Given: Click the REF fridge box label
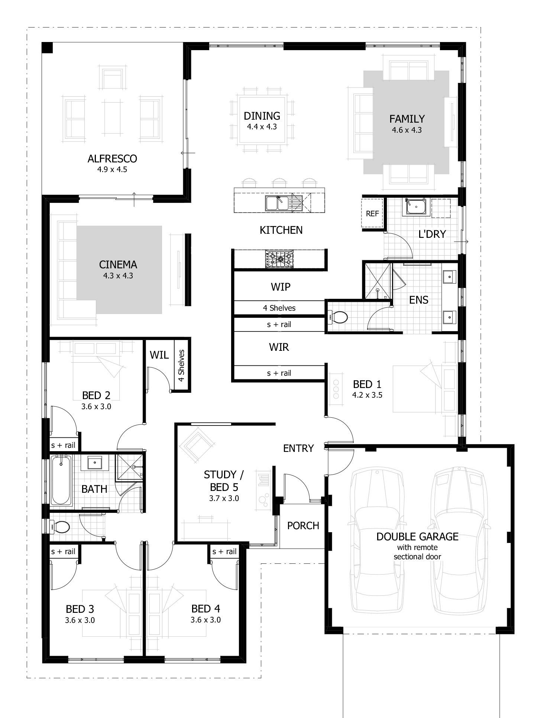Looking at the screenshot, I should coord(372,214).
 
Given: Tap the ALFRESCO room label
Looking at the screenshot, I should coord(112,159).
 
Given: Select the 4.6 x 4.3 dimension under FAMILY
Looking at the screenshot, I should coord(407,130).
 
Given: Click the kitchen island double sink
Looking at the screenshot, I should coord(277,203).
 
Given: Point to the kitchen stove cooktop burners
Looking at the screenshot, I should coord(279,259).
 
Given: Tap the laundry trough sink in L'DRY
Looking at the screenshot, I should coord(416,207).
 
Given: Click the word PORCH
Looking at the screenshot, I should coord(303,525).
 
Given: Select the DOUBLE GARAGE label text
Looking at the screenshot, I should coord(417,536).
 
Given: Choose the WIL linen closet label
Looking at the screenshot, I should coord(159,355).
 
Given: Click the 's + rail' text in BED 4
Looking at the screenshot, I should coord(224,552).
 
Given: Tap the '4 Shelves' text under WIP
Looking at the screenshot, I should coord(279,308).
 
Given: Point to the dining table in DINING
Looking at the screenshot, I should coord(262,120).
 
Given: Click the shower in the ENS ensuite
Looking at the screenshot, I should coord(377,281).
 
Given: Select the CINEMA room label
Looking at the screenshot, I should coord(118,265).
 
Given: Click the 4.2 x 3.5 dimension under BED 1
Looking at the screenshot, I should coord(367,395).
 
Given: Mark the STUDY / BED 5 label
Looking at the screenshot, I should coord(224,481).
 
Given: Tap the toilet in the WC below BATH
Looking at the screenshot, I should coord(60,526).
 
